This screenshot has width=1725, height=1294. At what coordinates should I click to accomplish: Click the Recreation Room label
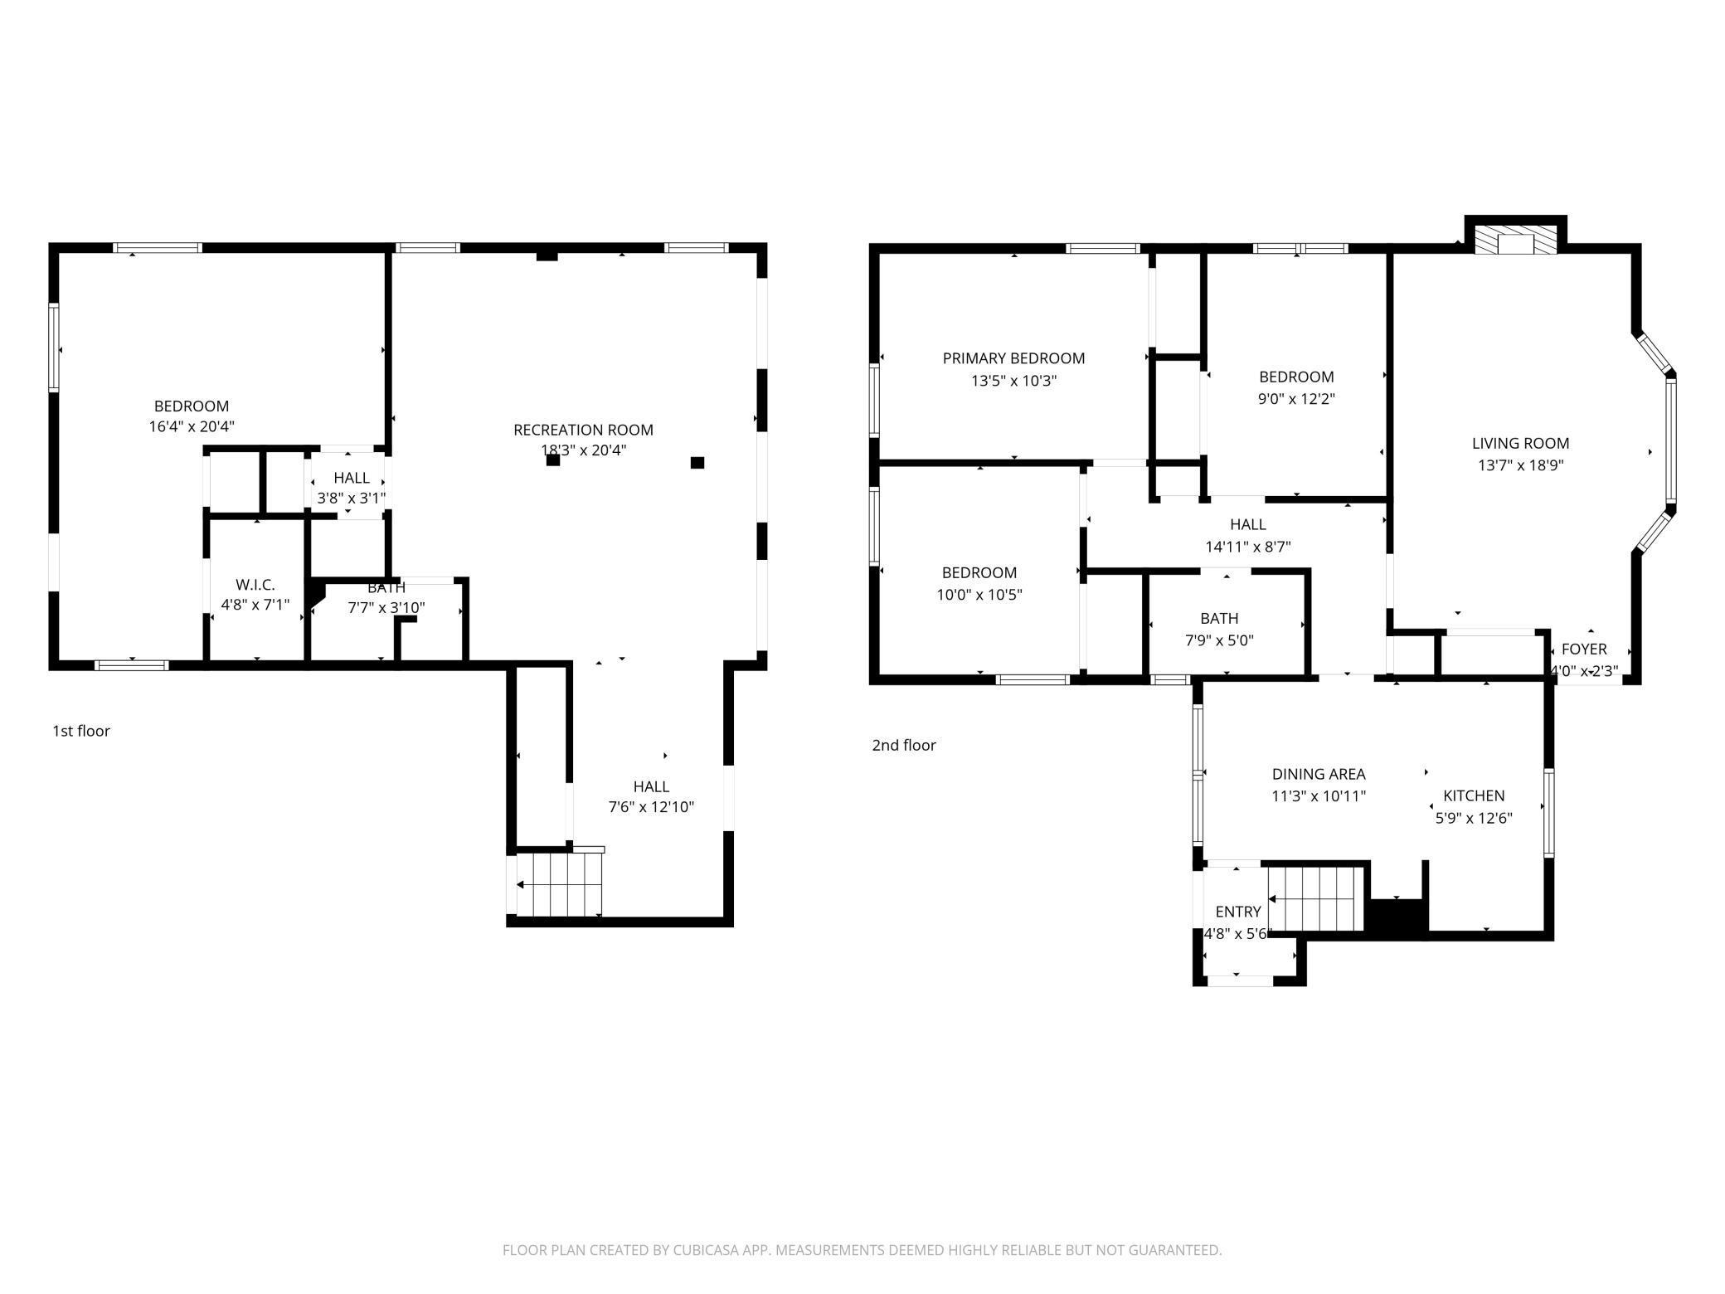583,430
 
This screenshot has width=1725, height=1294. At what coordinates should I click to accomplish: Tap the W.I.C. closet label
255,585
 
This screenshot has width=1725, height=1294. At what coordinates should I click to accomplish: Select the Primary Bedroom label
1013,358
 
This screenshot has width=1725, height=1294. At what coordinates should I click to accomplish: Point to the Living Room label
1520,443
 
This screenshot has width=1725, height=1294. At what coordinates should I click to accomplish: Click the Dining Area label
1319,774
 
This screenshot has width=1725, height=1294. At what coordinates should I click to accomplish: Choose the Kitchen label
1474,795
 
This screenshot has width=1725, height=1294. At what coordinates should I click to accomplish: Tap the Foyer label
1584,649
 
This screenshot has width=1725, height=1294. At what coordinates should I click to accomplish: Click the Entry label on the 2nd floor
1238,912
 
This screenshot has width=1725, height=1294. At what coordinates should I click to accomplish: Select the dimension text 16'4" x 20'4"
192,427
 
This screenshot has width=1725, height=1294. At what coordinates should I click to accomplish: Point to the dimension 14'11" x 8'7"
1247,547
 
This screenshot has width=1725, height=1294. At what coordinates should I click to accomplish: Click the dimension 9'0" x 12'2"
1296,398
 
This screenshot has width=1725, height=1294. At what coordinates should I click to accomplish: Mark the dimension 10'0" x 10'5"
979,595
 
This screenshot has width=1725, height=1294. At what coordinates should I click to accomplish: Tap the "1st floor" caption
81,731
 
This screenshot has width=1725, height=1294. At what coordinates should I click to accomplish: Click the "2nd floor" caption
904,745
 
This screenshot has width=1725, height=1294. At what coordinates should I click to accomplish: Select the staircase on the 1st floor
558,884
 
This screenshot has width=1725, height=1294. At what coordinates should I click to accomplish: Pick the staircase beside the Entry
1316,898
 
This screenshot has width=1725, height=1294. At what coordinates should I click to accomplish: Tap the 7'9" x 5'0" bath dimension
1219,640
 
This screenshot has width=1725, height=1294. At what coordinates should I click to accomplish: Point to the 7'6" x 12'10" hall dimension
651,807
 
